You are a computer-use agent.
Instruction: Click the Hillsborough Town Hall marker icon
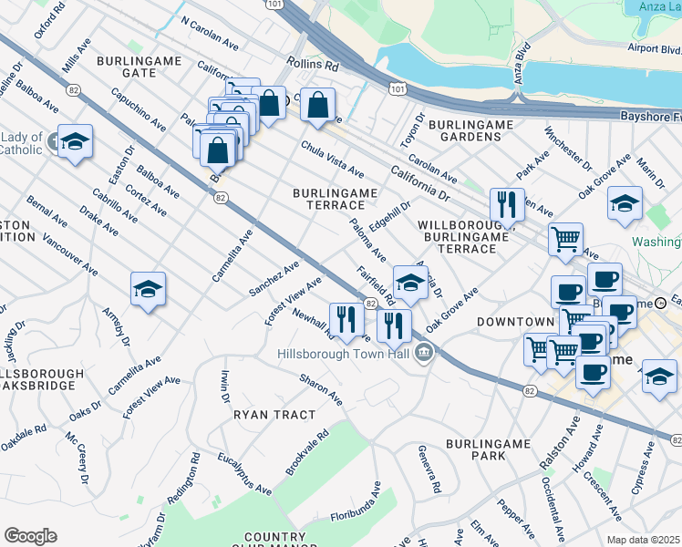423,352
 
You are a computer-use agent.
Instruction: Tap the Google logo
30,536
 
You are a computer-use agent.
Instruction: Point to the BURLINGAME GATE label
139,66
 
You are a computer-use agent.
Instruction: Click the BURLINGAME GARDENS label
465,129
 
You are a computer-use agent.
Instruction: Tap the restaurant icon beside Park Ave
507,204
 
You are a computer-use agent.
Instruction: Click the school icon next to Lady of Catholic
76,141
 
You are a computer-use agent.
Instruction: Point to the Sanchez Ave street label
274,279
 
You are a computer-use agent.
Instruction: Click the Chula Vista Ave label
333,160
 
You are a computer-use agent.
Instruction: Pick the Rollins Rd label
312,66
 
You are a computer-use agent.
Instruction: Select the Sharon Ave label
321,387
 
